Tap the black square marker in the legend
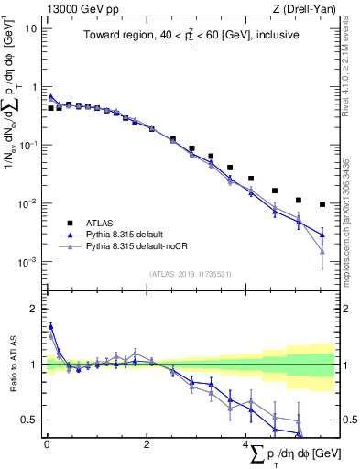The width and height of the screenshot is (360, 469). point(69,223)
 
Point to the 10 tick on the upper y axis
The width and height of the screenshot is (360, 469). point(31,27)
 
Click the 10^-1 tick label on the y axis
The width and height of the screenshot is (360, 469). point(27,145)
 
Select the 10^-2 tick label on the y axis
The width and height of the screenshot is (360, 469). point(27,203)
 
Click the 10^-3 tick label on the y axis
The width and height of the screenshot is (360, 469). point(27,262)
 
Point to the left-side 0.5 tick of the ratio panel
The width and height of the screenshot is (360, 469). point(29,420)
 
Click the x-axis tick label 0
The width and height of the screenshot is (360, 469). point(47,445)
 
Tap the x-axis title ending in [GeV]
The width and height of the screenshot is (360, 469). point(292,453)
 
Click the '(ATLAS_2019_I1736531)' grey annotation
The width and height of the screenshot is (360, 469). point(191,274)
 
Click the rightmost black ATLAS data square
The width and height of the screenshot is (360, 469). point(322,204)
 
